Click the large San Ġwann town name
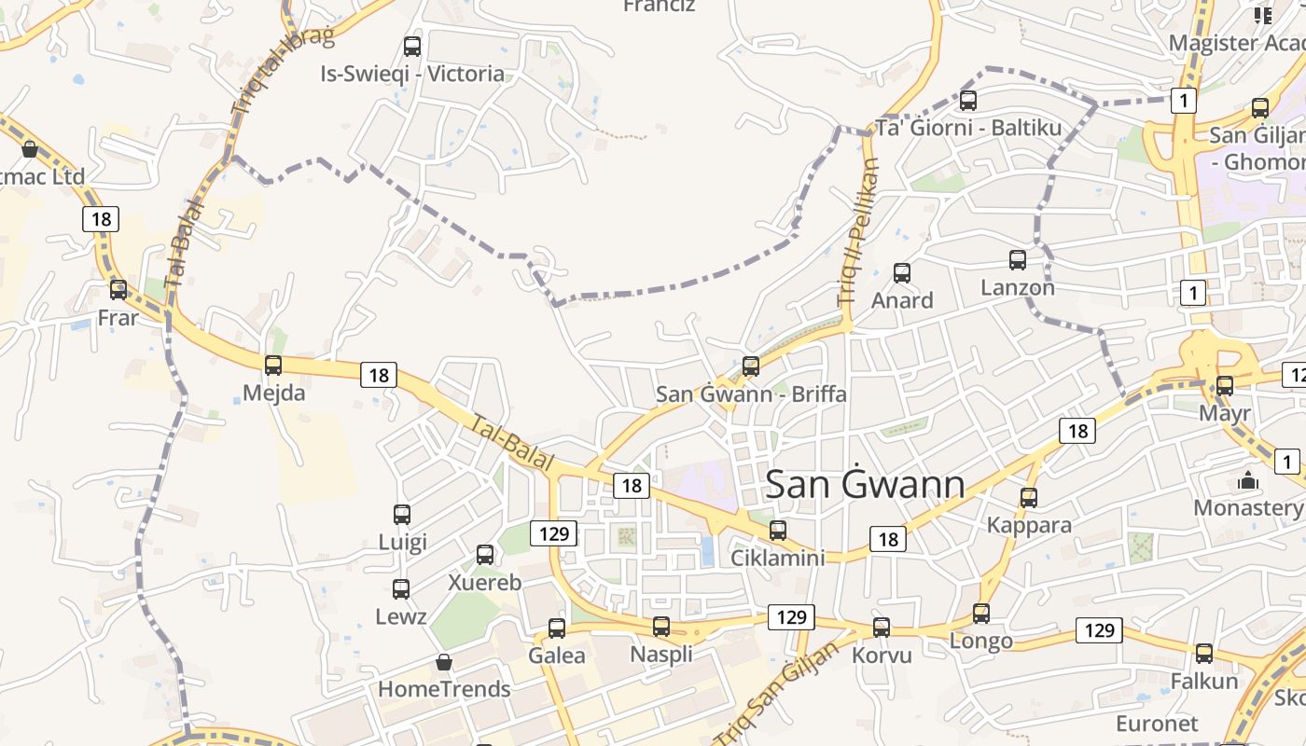click(865, 485)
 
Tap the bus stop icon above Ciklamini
click(778, 531)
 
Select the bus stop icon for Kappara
click(1029, 498)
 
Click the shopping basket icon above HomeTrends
click(444, 662)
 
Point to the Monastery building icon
click(1247, 481)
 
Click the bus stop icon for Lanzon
click(1018, 260)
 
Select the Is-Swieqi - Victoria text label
click(412, 74)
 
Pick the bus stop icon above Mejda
click(273, 366)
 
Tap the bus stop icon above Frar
click(118, 290)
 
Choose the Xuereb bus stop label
click(485, 582)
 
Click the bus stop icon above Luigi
click(402, 515)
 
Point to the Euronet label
click(1157, 724)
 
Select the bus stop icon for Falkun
click(1204, 654)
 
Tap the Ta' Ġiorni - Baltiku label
click(968, 128)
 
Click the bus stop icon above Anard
click(902, 273)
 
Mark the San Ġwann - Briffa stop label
click(751, 394)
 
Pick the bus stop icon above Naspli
click(661, 627)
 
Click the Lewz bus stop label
click(401, 616)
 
